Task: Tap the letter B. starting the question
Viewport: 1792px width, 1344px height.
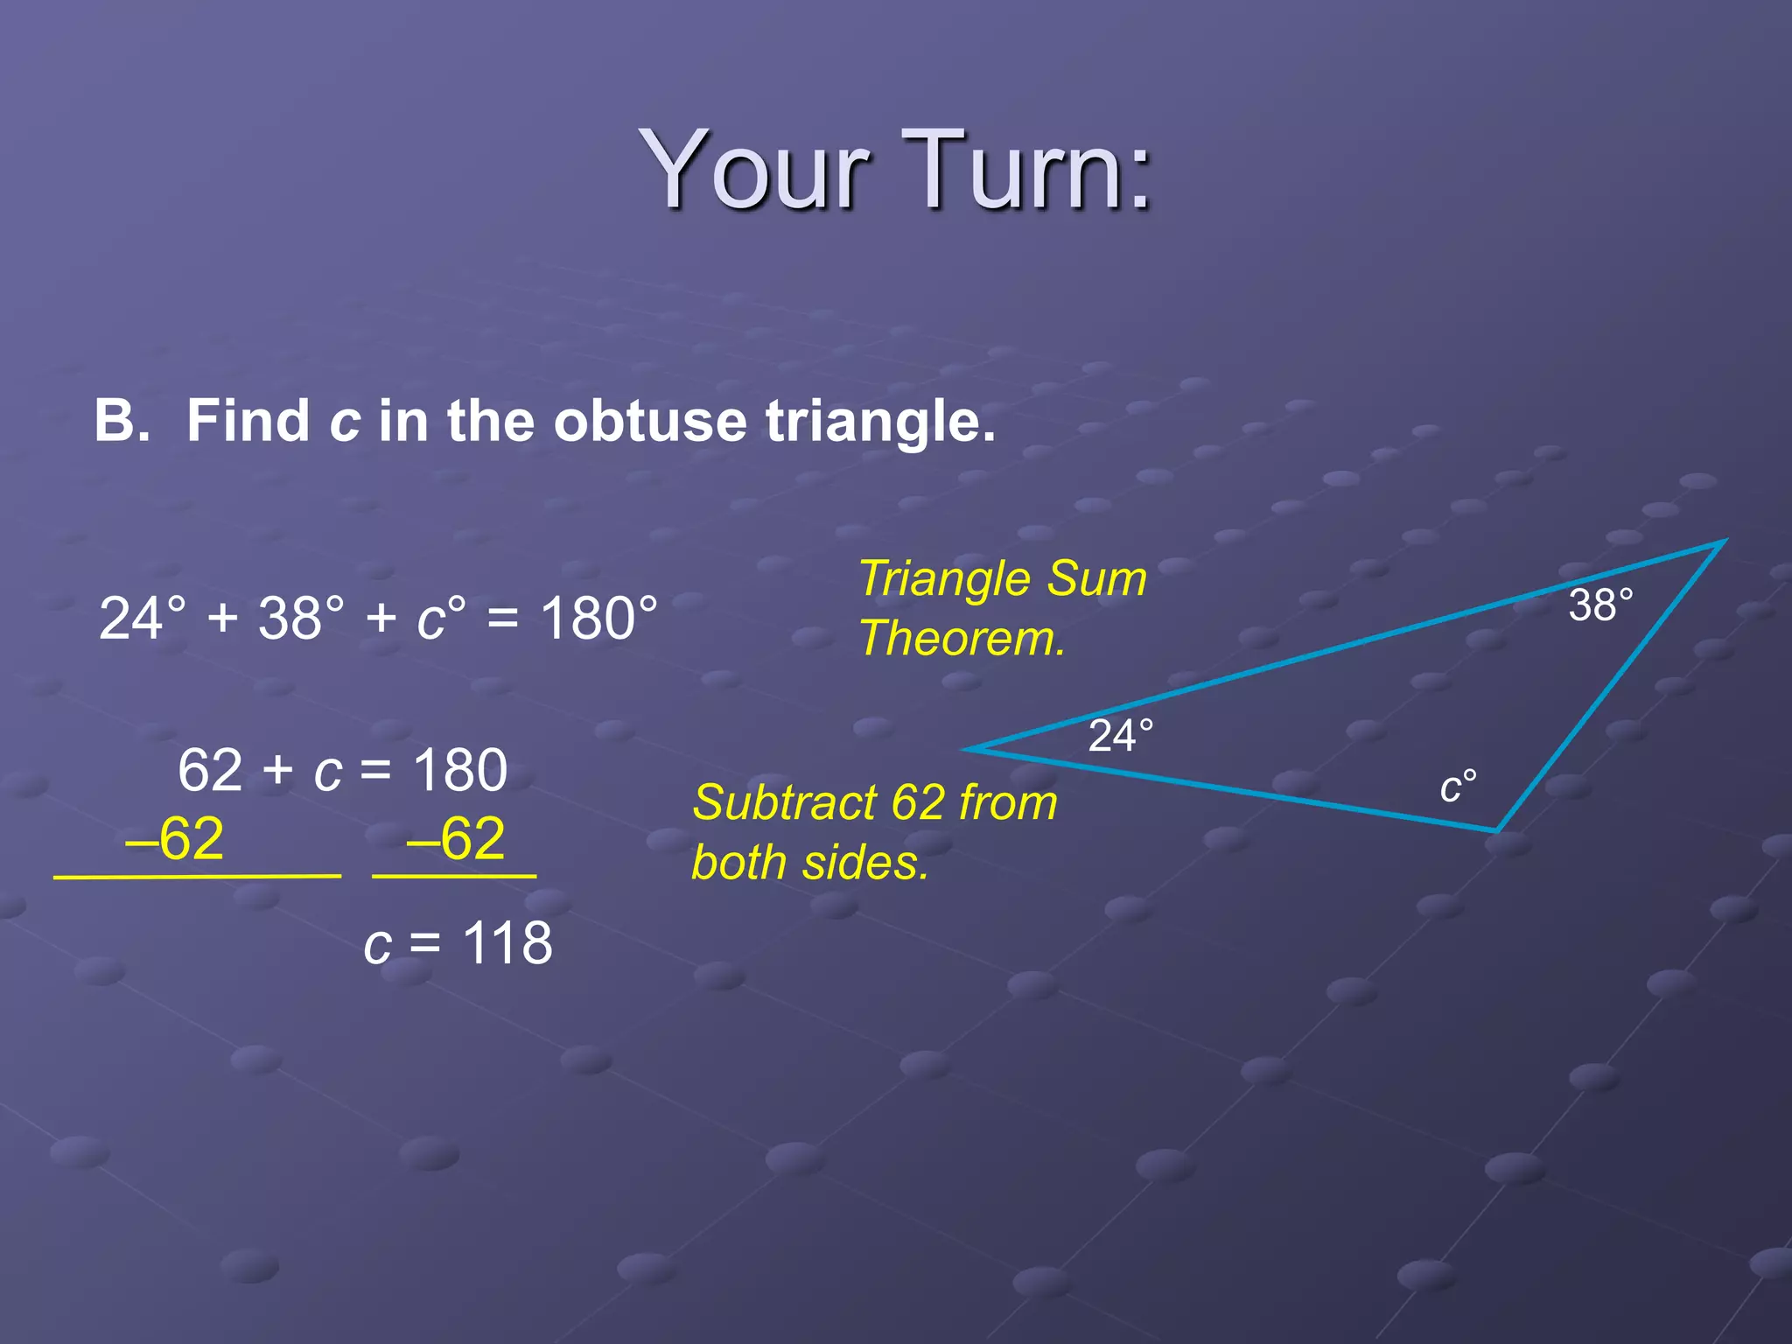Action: pos(122,421)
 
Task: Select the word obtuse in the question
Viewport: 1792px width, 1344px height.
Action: pos(650,421)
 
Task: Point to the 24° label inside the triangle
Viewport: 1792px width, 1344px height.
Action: pos(1121,736)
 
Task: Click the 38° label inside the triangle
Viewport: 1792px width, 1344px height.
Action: pos(1600,605)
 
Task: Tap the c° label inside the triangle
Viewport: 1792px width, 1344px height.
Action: pos(1459,786)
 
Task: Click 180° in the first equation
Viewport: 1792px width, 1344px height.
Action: pos(598,619)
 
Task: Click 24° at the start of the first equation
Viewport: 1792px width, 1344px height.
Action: pos(143,619)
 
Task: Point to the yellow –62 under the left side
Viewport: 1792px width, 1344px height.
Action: pos(175,838)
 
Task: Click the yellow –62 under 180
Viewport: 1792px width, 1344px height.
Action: pos(456,838)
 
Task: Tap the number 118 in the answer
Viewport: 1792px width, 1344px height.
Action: pos(507,944)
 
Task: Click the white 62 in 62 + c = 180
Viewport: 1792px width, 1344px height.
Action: pos(210,771)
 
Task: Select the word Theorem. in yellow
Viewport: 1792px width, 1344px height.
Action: pos(962,638)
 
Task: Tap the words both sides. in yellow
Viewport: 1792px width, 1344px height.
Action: pos(809,863)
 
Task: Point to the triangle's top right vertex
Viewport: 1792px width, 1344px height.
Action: pos(1724,542)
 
